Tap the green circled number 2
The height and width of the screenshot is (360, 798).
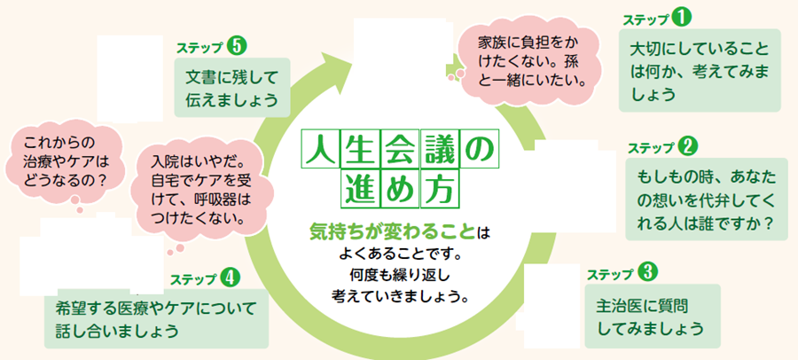coord(688,145)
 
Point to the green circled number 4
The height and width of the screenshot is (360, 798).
coord(231,277)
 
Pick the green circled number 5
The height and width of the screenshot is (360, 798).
coord(235,44)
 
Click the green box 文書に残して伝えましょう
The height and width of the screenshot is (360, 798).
coord(231,87)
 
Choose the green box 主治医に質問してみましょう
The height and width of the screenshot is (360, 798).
coord(651,317)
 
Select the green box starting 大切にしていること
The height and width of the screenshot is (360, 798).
coord(699,70)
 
